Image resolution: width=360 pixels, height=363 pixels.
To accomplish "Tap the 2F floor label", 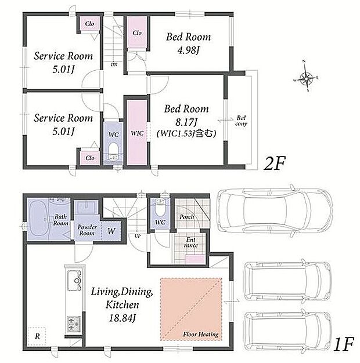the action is tap(275, 163).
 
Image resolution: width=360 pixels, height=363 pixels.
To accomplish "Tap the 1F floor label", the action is tap(344, 344).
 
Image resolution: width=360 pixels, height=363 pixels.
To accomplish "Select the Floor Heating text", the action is tap(201, 334).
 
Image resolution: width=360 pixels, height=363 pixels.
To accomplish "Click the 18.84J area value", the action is tap(122, 318).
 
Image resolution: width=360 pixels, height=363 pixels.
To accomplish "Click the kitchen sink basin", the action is tap(74, 280).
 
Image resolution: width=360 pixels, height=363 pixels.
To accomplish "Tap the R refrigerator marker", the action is tap(37, 336).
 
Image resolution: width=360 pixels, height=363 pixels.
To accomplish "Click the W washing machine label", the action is tap(111, 231).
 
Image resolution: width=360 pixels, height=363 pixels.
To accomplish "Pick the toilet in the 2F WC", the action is tap(114, 151).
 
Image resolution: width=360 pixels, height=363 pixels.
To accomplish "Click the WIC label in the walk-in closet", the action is tap(137, 133).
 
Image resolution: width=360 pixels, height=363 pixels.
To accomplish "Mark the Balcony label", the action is tap(241, 121).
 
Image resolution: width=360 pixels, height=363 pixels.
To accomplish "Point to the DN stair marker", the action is tap(114, 64).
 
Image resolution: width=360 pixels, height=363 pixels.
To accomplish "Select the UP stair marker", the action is tap(138, 236).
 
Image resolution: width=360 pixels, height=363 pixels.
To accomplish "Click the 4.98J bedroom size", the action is tap(188, 50).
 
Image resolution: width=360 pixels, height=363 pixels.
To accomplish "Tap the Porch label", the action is tap(186, 217).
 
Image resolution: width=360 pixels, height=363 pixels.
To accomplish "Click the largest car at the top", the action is tap(275, 210).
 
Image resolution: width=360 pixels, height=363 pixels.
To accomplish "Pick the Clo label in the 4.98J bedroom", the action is tap(137, 33).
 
